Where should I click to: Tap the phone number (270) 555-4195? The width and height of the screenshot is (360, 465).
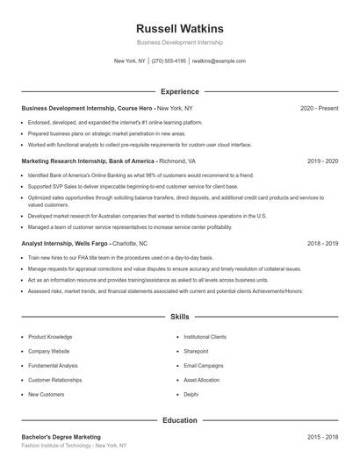click(x=169, y=61)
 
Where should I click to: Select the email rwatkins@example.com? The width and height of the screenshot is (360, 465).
click(x=219, y=61)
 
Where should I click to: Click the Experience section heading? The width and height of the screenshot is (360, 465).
click(x=179, y=91)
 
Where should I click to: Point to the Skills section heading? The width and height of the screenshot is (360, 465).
click(x=179, y=316)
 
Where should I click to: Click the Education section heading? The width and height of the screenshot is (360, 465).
click(x=179, y=420)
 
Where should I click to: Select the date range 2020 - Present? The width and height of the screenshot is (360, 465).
click(x=319, y=108)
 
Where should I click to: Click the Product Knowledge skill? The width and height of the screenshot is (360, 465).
click(x=50, y=337)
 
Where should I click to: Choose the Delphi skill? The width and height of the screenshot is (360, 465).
click(x=191, y=395)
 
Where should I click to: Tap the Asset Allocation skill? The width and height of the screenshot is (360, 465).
click(x=202, y=380)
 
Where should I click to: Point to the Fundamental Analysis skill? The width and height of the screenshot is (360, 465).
click(x=54, y=366)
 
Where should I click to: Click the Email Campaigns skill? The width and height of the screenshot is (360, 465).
click(x=203, y=366)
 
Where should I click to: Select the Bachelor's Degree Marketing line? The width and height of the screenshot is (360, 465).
click(x=61, y=437)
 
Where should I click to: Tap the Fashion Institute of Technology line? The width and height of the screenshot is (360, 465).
click(x=74, y=446)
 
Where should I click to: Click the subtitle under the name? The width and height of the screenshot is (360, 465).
click(x=179, y=42)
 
